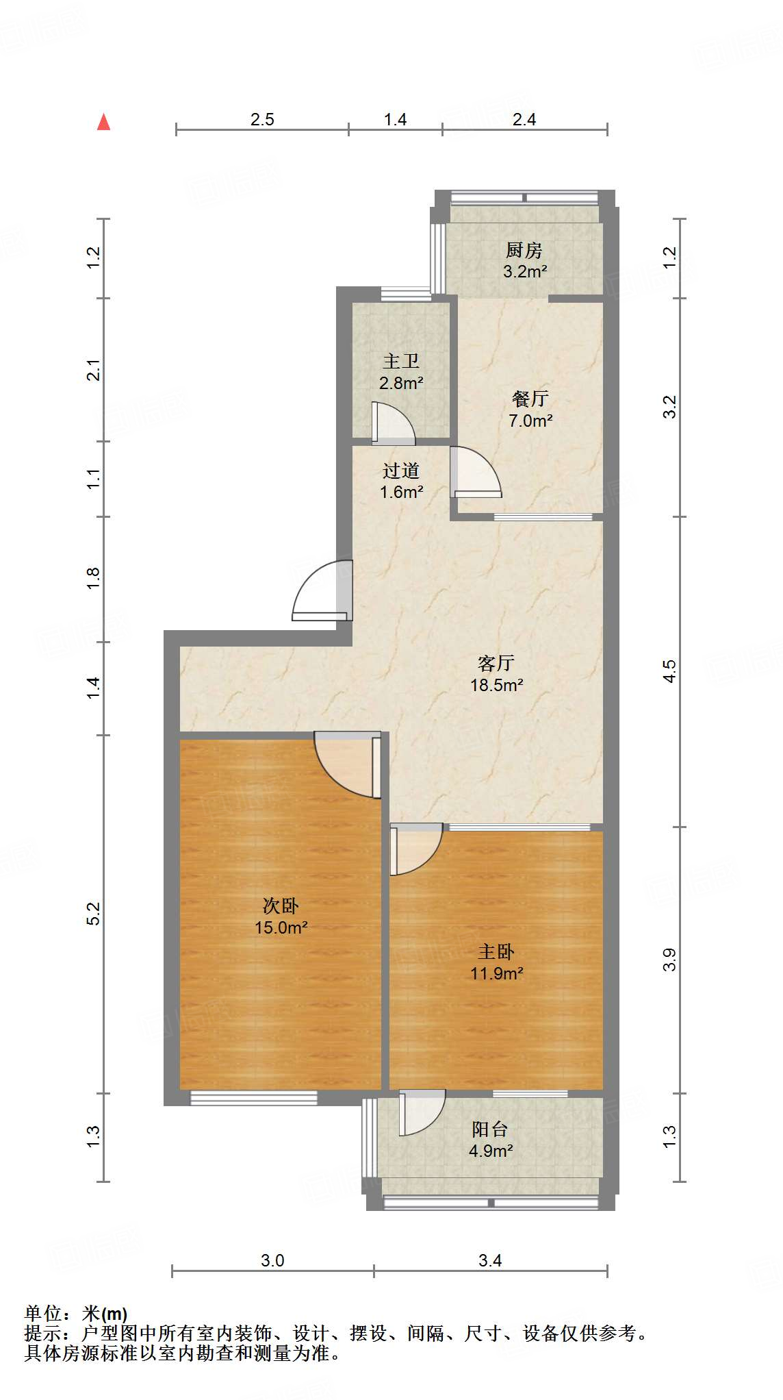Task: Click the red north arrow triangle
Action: tap(103, 123)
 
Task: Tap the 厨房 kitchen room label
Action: tap(524, 250)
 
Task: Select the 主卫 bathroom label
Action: tap(401, 361)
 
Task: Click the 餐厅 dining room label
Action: tap(530, 399)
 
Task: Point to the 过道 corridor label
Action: tap(401, 471)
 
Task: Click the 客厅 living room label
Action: tap(496, 663)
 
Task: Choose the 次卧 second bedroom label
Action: tap(281, 906)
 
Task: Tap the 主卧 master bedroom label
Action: tap(496, 951)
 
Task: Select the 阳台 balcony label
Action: tap(490, 1129)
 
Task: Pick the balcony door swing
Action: tap(421, 1113)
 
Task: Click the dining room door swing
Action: tap(474, 472)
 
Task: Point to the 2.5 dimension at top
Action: tap(262, 120)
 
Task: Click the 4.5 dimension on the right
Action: tap(670, 671)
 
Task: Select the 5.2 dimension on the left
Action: tap(94, 914)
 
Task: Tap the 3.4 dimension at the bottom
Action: tap(490, 1260)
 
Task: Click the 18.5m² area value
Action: tap(497, 684)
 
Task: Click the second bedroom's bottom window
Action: tap(254, 1098)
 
